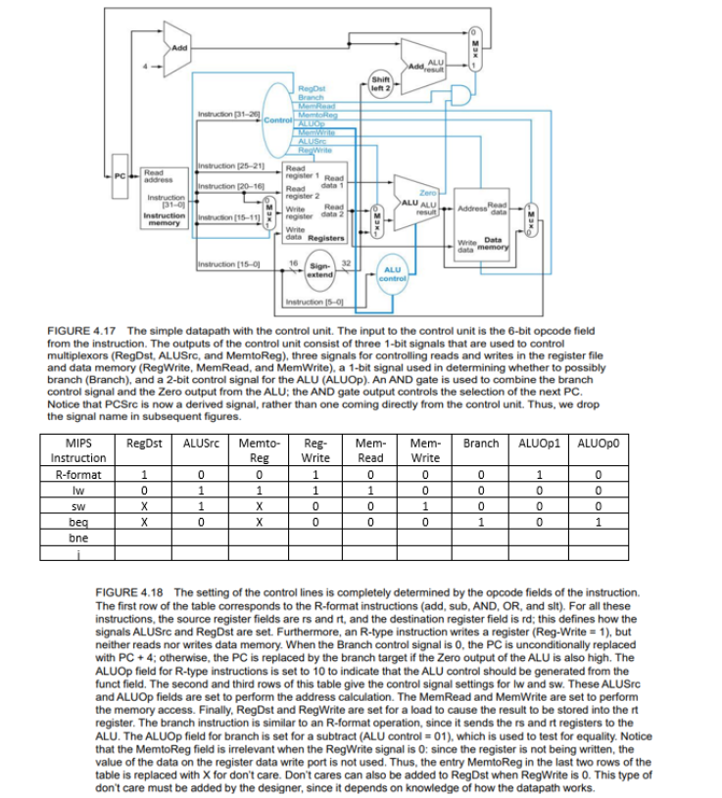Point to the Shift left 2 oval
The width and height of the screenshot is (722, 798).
(x=381, y=88)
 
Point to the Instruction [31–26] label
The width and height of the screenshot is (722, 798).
(x=228, y=116)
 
